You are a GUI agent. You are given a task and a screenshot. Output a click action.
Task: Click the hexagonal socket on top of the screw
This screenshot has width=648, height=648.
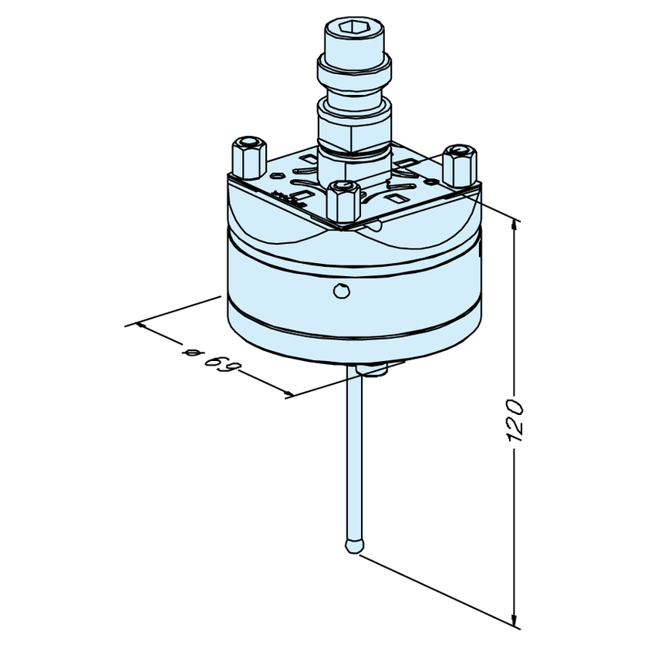(x=350, y=27)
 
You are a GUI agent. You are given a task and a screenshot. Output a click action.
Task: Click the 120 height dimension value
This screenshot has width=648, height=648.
(x=515, y=420)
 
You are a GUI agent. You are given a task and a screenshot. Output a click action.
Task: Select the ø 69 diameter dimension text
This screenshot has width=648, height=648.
(x=211, y=359)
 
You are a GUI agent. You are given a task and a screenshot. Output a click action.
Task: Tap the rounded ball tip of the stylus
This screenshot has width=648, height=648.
(x=354, y=545)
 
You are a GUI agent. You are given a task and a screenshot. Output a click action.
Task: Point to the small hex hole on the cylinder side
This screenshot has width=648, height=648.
(x=341, y=291)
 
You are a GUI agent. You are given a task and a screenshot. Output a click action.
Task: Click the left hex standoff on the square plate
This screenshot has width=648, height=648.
(x=248, y=157)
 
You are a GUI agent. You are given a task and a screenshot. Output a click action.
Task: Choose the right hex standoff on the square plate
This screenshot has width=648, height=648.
(x=460, y=165)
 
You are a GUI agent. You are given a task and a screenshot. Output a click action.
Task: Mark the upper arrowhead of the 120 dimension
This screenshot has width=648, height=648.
(x=514, y=225)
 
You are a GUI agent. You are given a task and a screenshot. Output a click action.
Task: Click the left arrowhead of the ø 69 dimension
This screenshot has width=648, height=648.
(x=142, y=326)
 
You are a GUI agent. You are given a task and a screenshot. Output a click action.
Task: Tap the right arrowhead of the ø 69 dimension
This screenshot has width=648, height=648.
(x=287, y=393)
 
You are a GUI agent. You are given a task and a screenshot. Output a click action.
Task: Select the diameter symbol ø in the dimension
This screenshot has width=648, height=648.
(x=193, y=352)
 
